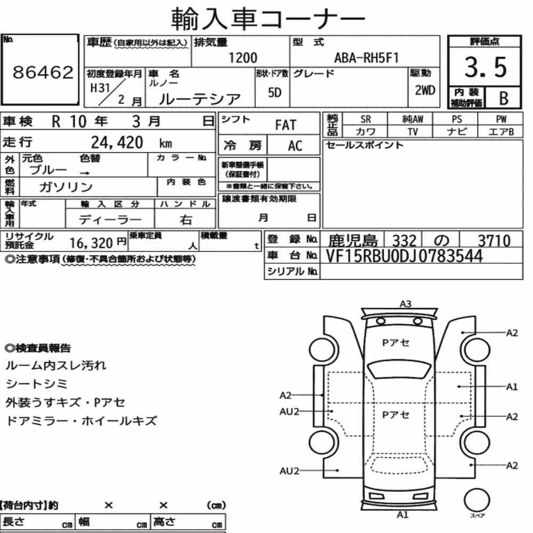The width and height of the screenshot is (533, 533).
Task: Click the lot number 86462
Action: (x=43, y=72)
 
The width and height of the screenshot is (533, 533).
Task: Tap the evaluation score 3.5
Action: (x=486, y=67)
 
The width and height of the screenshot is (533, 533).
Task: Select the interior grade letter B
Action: (x=504, y=98)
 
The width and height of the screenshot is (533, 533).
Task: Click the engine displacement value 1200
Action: (x=243, y=58)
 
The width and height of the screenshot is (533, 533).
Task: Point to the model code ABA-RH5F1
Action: (x=367, y=58)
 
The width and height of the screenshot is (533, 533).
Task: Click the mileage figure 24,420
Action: (x=117, y=142)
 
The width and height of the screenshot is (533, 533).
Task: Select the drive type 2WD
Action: (x=425, y=91)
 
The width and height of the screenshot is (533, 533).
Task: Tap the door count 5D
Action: (x=274, y=92)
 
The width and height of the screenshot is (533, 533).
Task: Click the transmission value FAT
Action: (x=286, y=125)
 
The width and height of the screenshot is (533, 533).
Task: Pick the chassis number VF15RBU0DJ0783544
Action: (x=404, y=256)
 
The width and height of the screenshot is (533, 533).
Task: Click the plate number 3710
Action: (x=494, y=241)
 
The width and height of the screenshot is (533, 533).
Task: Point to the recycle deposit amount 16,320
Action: (x=91, y=243)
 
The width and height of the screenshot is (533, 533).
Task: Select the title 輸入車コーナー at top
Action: (x=268, y=19)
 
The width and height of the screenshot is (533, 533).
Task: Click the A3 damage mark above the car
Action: (x=405, y=304)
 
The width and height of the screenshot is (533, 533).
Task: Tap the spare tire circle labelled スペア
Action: (x=477, y=500)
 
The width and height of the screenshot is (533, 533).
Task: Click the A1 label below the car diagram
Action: (x=402, y=515)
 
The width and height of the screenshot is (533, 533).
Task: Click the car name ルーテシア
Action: (x=199, y=99)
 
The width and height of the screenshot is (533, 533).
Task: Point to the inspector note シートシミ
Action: (x=37, y=384)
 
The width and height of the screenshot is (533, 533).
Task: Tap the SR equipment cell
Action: (x=366, y=119)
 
